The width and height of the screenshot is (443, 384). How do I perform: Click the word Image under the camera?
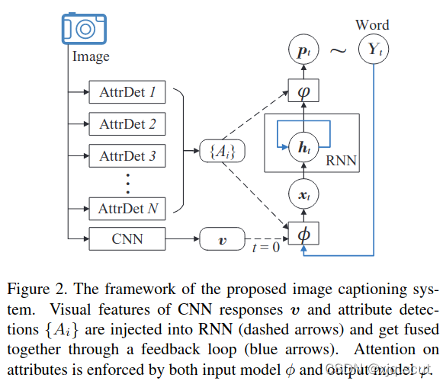(x=91, y=56)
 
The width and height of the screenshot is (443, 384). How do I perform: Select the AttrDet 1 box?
(x=127, y=93)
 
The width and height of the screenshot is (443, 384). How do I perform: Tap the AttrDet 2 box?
(x=127, y=124)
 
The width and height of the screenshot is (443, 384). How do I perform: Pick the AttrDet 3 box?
(x=127, y=156)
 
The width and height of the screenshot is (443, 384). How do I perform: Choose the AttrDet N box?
(x=127, y=207)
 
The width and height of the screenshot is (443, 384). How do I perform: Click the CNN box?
(x=127, y=239)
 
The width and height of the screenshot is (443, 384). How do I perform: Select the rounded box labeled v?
(x=222, y=239)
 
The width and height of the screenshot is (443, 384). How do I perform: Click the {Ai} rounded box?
(x=222, y=152)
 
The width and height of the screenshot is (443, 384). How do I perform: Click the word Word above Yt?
(x=372, y=25)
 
